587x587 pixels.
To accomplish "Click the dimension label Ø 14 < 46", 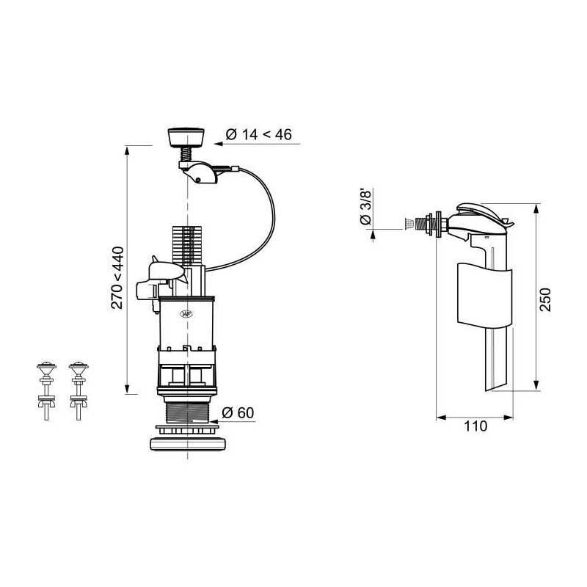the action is pyautogui.click(x=259, y=134).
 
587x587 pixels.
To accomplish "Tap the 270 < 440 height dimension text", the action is pyautogui.click(x=117, y=277).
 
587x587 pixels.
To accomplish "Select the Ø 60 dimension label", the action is pyautogui.click(x=238, y=413).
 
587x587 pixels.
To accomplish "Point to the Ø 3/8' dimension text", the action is pyautogui.click(x=365, y=207).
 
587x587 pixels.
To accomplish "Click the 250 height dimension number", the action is pyautogui.click(x=545, y=299).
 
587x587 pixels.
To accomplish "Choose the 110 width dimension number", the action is pyautogui.click(x=475, y=426).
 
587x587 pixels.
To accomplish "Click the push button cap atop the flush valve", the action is pyautogui.click(x=186, y=137).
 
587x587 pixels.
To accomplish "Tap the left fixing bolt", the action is pyautogui.click(x=46, y=390).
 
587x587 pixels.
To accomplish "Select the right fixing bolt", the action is pyautogui.click(x=79, y=390).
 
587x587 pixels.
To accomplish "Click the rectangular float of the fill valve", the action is pyautogui.click(x=484, y=295).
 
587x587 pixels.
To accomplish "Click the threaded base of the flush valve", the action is pyautogui.click(x=186, y=412).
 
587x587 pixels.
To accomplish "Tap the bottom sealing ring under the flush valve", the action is pyautogui.click(x=188, y=445).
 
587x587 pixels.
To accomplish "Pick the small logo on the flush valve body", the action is pyautogui.click(x=186, y=314).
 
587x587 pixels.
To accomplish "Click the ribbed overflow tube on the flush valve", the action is pyautogui.click(x=186, y=246).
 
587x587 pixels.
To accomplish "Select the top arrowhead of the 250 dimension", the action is pyautogui.click(x=536, y=208).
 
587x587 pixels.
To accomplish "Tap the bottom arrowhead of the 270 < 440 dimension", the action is pyautogui.click(x=127, y=389).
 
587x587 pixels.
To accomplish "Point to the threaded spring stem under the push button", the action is pyautogui.click(x=186, y=154).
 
